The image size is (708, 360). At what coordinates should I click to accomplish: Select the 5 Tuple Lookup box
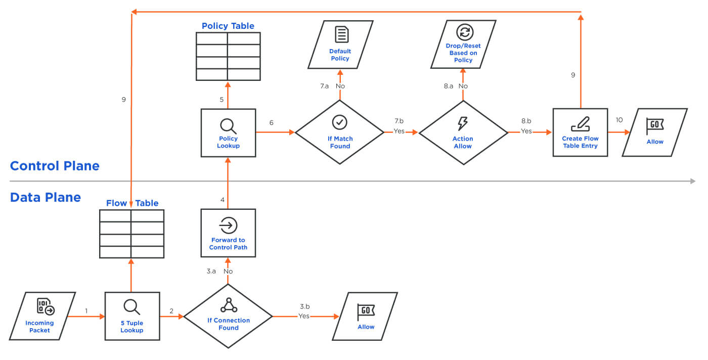(x=132, y=316)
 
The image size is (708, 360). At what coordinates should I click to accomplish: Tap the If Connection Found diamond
(x=228, y=317)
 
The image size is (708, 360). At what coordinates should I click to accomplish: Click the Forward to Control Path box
(x=228, y=234)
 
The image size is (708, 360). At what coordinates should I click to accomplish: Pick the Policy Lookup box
(x=228, y=132)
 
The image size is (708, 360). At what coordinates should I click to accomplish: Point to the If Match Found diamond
(x=339, y=132)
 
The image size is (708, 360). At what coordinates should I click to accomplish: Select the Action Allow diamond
(x=463, y=132)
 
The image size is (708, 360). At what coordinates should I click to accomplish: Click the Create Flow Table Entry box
(x=580, y=132)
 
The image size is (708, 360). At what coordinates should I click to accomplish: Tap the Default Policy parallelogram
(x=340, y=44)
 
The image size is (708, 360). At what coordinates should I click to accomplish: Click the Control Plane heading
(x=55, y=166)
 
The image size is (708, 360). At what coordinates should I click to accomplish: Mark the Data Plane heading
(x=46, y=197)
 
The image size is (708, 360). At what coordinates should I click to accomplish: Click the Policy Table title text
(x=228, y=26)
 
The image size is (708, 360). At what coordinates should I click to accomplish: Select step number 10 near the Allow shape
(x=619, y=120)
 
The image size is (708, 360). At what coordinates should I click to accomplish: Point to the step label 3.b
(x=304, y=306)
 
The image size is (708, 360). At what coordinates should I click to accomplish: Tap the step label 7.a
(x=325, y=86)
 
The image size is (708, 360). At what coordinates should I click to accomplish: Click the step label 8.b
(x=526, y=121)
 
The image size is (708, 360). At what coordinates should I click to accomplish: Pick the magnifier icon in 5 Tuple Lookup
(x=131, y=306)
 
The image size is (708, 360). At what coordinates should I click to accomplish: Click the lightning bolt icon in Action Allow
(x=463, y=123)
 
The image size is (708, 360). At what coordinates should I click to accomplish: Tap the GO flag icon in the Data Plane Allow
(x=366, y=311)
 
